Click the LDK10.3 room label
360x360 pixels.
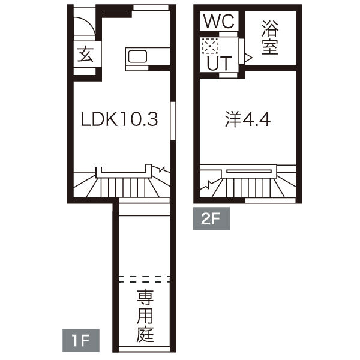coord(119,119)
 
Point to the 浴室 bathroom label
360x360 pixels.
coord(271,37)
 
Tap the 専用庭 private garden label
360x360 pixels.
coord(145,316)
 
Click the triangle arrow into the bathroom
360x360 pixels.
coord(247,57)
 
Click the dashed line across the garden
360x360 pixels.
coord(145,279)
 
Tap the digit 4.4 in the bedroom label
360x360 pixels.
coord(257,119)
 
